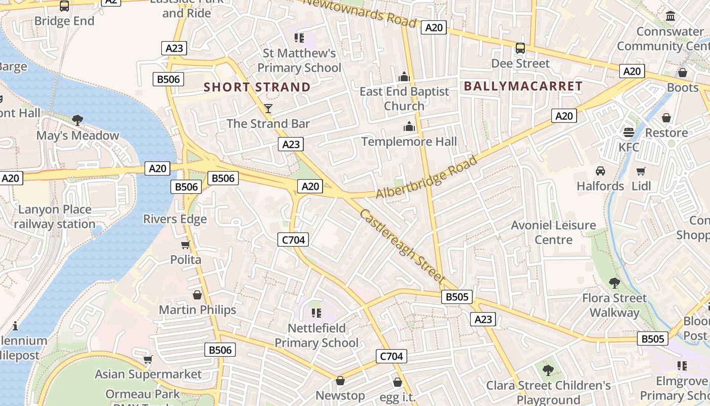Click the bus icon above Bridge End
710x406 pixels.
coord(64,6)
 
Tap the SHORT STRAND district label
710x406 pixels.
coord(257,87)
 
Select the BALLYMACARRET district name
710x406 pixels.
coord(523,86)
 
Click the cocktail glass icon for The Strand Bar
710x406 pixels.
coord(268,108)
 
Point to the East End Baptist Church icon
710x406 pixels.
coord(404,77)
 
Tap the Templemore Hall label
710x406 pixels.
coord(409,142)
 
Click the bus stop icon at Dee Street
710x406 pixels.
coord(520,48)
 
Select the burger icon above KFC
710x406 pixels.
coord(629,132)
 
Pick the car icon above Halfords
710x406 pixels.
coord(600,171)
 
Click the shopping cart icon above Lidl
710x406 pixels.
coord(641,171)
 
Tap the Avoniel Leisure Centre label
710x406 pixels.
coord(553,232)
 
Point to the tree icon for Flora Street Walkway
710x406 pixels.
coord(615,283)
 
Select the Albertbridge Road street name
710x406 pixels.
coord(427,178)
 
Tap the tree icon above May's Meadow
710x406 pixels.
coord(78,120)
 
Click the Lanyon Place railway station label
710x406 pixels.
coord(55,217)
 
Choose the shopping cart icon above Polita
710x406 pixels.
coord(186,245)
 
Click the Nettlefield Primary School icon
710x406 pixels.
coord(316,313)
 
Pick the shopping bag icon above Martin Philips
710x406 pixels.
coord(197,295)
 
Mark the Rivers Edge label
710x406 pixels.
coord(175,219)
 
